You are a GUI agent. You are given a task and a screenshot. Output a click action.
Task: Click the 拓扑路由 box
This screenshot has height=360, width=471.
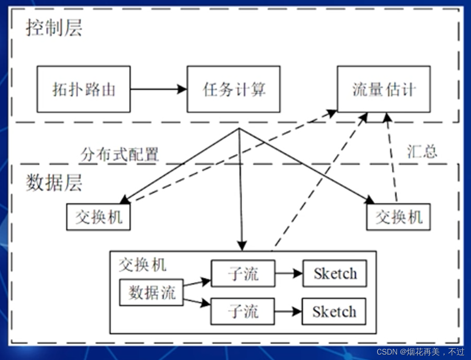tap(83, 89)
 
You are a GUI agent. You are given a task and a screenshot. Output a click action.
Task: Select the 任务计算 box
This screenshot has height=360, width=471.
tap(233, 89)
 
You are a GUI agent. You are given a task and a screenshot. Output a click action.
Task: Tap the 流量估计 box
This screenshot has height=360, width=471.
tap(383, 89)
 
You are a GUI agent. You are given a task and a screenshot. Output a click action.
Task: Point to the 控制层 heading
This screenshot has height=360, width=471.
tap(54, 28)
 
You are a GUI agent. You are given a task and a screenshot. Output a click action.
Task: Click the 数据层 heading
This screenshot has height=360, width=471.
tap(54, 183)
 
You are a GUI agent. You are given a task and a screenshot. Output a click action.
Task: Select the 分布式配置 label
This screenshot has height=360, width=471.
tap(120, 154)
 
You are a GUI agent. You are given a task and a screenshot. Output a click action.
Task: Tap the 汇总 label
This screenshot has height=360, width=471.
tap(422, 152)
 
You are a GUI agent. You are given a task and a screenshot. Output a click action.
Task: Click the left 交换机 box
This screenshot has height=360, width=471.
tap(98, 217)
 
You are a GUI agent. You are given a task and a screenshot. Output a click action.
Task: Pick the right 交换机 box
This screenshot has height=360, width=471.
tap(398, 217)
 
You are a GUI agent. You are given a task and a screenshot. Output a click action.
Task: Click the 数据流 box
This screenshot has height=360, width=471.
tap(151, 293)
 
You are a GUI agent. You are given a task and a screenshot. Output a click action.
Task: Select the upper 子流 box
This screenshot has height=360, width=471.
tap(243, 273)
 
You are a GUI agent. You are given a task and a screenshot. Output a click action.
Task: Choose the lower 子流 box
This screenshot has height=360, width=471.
tap(242, 311)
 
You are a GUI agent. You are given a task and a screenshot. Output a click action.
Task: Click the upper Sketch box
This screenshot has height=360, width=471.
tap(334, 273)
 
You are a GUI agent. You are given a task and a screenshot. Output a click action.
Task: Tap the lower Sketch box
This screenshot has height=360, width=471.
tap(334, 311)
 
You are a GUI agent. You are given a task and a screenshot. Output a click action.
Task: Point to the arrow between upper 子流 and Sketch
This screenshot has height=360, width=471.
tap(289, 273)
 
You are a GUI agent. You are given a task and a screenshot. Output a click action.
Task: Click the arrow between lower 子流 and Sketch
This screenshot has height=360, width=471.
tap(288, 311)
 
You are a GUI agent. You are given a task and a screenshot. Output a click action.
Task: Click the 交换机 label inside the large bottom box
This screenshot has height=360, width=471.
tap(142, 265)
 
